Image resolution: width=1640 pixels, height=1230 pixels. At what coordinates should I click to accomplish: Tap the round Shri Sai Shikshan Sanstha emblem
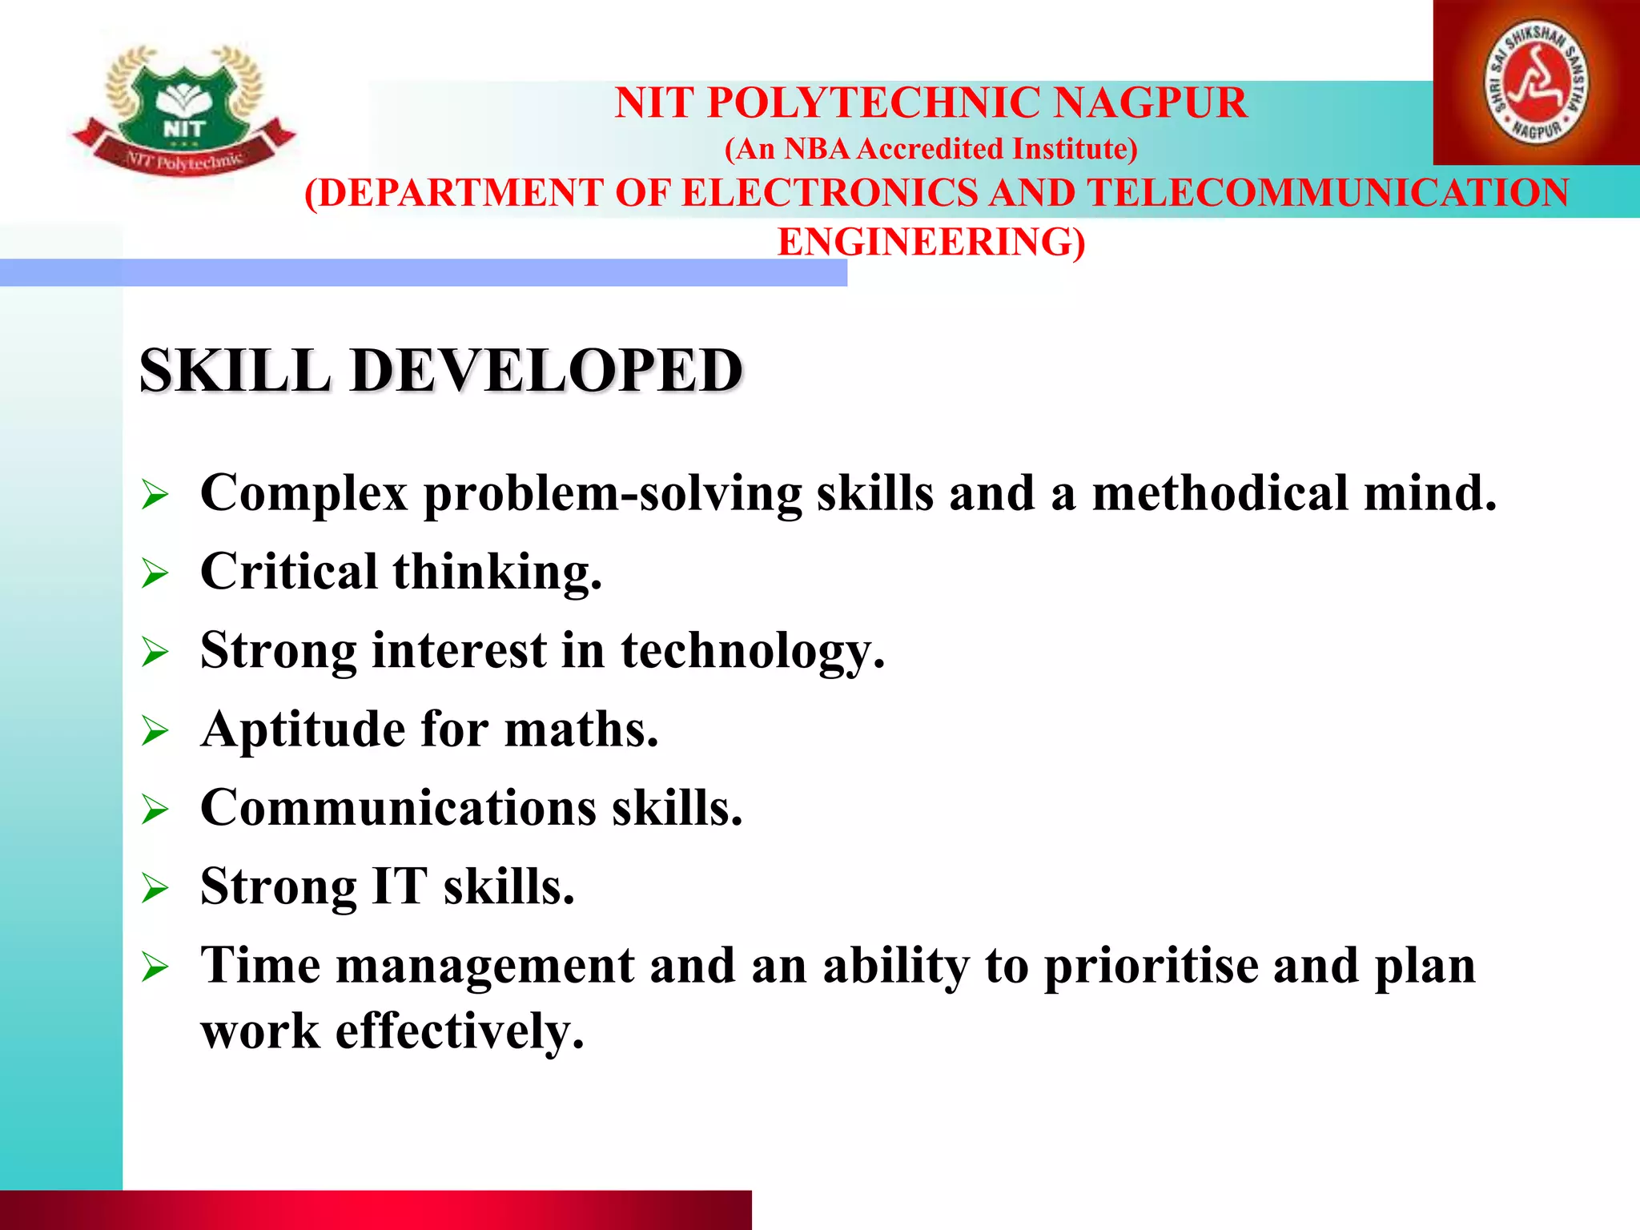coord(1536,82)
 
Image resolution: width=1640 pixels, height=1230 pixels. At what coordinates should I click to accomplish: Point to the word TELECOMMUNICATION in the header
coord(1328,194)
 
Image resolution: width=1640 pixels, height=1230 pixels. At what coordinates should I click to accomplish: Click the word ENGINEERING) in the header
coord(931,242)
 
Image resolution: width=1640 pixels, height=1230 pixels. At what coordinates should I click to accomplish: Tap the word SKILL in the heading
coord(235,371)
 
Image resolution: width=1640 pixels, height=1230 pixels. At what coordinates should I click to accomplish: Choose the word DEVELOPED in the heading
coord(547,371)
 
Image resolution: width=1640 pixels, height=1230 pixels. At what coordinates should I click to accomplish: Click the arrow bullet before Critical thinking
coord(155,573)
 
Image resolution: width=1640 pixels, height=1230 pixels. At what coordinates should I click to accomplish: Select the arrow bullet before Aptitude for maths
coord(155,731)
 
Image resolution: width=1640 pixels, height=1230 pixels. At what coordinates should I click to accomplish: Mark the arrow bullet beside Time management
coord(155,967)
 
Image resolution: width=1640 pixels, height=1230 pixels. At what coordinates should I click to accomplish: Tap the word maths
coord(581,730)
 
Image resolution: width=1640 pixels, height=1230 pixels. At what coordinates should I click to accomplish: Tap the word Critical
coord(288,572)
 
